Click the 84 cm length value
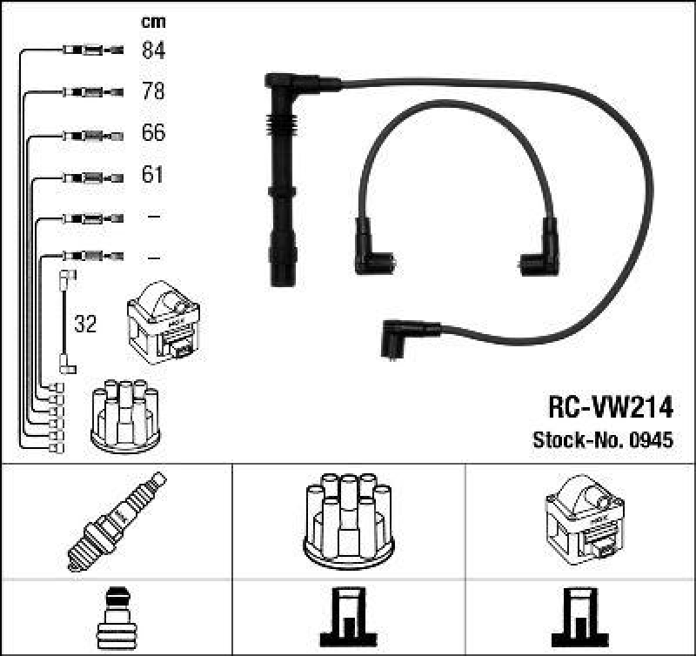click(153, 50)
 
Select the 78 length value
click(153, 91)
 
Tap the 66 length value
click(153, 134)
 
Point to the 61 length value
click(153, 176)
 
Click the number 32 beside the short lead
click(85, 325)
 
